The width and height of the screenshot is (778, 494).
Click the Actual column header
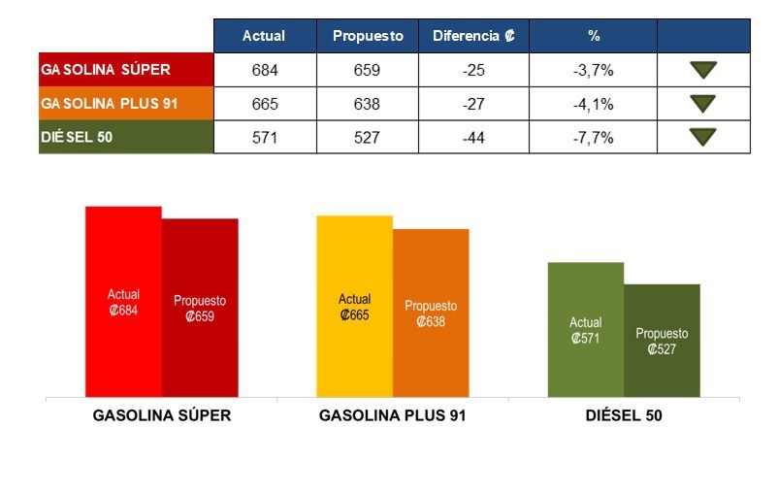pos(264,36)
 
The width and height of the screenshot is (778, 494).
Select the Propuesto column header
pos(368,36)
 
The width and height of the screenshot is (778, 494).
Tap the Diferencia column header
pos(473,36)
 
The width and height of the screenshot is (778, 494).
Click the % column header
pos(594,36)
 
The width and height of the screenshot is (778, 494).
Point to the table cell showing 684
pos(264,70)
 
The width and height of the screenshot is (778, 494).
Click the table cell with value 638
pos(368,104)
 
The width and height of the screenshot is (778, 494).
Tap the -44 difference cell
pos(473,137)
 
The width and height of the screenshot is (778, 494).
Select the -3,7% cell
pos(594,70)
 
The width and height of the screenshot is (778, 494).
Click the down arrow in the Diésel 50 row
pos(702,137)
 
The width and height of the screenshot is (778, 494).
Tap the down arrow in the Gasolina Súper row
pos(702,70)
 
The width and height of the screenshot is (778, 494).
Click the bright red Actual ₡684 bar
pos(123,302)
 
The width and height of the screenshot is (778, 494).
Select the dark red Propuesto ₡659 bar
pos(200,308)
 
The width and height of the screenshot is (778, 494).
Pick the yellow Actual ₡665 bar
pos(354,307)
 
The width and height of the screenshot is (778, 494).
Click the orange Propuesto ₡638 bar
pos(431,313)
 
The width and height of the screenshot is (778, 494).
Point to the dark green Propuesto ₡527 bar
pos(662,341)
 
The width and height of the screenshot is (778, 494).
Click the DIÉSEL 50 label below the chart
pos(624,415)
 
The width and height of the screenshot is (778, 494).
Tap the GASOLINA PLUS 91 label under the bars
pos(392,415)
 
